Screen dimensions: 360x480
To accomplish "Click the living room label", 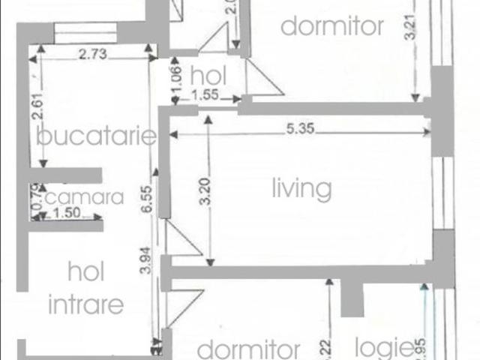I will [x=301, y=188].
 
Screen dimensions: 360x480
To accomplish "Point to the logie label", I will [x=383, y=347].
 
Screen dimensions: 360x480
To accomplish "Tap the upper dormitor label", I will [x=331, y=27].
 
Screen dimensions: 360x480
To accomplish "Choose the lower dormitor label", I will [x=248, y=350].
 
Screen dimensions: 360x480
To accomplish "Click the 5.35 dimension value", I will [x=299, y=129].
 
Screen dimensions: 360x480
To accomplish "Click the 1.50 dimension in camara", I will [x=69, y=214].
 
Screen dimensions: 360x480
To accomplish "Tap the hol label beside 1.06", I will [x=208, y=76].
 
